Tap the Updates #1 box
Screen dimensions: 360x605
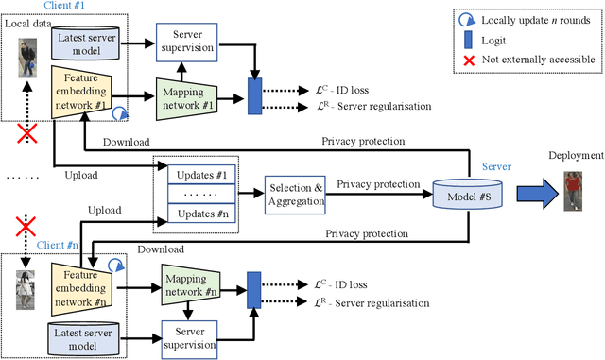point(200,176)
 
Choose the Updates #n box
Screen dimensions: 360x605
point(200,216)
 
